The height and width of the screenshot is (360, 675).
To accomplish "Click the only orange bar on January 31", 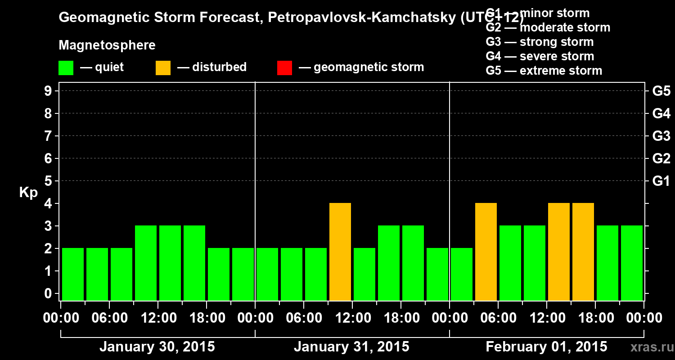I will click(340, 252).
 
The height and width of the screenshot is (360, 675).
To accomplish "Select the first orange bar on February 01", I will click(486, 252).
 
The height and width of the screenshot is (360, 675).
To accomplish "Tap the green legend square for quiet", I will click(66, 68).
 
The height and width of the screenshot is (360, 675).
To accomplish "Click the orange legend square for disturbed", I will click(163, 68).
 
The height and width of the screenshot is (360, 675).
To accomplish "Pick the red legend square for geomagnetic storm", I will click(284, 68).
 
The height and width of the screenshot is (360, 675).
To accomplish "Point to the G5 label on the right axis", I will click(661, 91).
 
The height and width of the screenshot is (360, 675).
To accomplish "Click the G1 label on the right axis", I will click(661, 181).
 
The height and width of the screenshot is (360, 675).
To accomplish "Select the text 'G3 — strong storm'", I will click(540, 42).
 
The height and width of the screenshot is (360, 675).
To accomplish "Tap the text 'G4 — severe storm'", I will click(540, 56).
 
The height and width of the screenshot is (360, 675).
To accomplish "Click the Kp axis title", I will click(28, 193).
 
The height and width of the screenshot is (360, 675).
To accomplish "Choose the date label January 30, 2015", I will click(157, 347).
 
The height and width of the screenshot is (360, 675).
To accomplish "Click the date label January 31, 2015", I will click(351, 347).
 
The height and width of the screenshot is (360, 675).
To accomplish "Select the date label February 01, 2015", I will click(546, 347).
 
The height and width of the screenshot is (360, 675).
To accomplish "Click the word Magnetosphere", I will click(107, 45).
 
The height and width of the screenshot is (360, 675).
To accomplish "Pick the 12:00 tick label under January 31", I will click(352, 318).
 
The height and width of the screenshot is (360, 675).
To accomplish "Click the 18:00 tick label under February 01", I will click(595, 318).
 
